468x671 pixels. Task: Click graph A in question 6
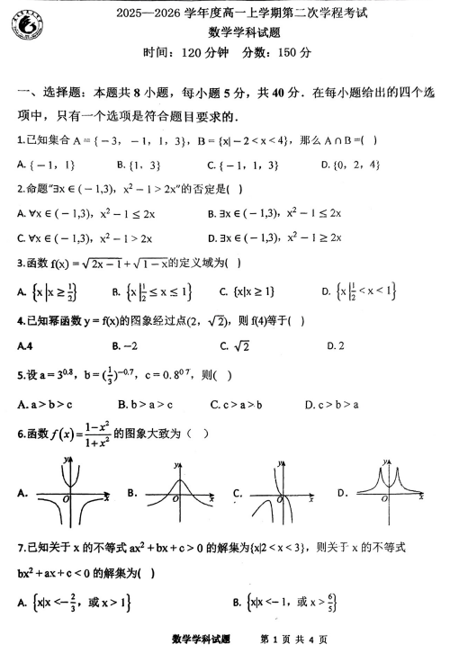pyautogui.click(x=70, y=492)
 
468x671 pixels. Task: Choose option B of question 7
pyautogui.click(x=293, y=600)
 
